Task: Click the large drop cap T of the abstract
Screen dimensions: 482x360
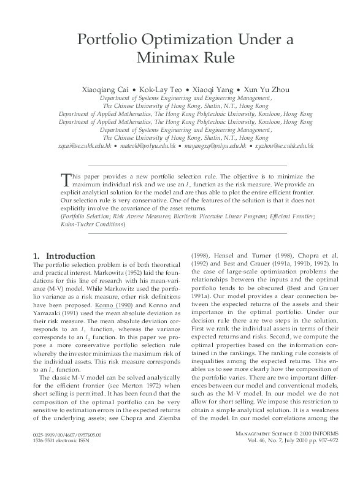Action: (x=67, y=178)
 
